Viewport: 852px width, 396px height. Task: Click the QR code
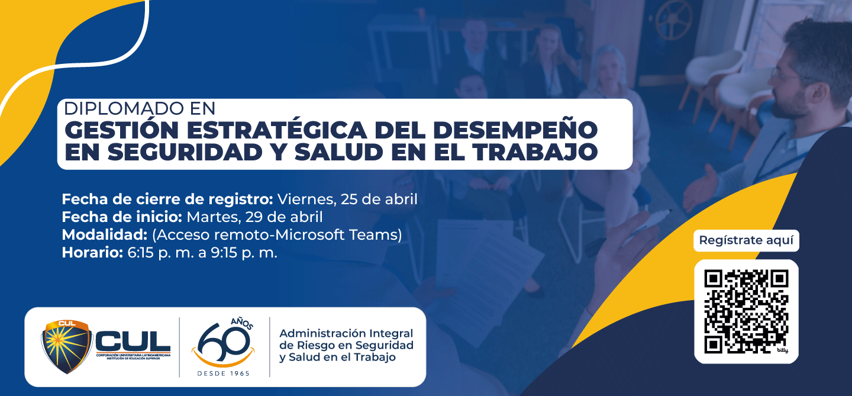746,311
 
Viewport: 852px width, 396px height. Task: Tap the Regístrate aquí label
746,241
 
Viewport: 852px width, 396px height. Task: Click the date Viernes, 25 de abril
347,199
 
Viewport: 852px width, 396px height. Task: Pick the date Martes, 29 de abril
254,217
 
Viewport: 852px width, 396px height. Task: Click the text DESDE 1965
223,374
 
